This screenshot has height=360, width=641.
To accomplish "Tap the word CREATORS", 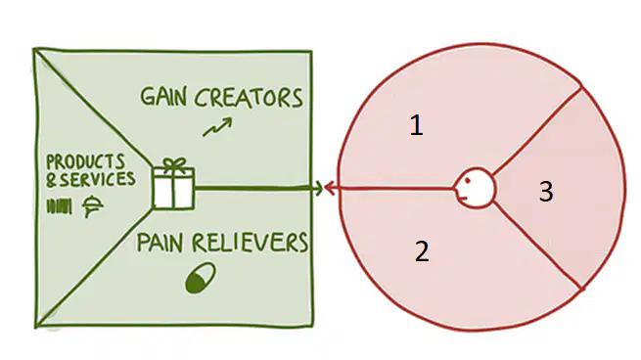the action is pyautogui.click(x=249, y=97).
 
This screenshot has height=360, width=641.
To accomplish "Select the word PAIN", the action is pyautogui.click(x=160, y=242).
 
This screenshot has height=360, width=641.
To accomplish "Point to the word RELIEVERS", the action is pyautogui.click(x=251, y=242).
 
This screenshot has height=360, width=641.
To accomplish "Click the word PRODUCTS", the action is pyautogui.click(x=85, y=161).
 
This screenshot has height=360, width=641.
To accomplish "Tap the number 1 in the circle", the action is pyautogui.click(x=416, y=125).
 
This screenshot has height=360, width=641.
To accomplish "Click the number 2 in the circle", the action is pyautogui.click(x=423, y=251).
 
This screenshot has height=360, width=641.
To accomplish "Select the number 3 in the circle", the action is pyautogui.click(x=547, y=191).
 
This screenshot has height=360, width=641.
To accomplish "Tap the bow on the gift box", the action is pyautogui.click(x=174, y=164).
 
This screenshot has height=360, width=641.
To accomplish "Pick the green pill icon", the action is pyautogui.click(x=201, y=278).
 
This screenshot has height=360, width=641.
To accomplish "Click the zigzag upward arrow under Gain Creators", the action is pyautogui.click(x=217, y=126).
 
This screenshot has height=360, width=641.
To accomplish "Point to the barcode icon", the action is pyautogui.click(x=60, y=206).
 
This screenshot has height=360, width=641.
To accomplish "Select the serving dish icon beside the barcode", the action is pyautogui.click(x=92, y=206).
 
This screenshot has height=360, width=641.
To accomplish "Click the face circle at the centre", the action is pyautogui.click(x=475, y=189).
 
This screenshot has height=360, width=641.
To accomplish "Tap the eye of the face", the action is pyautogui.click(x=468, y=180).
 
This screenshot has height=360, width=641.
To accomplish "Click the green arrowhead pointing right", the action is pyautogui.click(x=318, y=189).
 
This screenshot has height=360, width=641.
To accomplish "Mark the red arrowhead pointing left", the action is pyautogui.click(x=330, y=189).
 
